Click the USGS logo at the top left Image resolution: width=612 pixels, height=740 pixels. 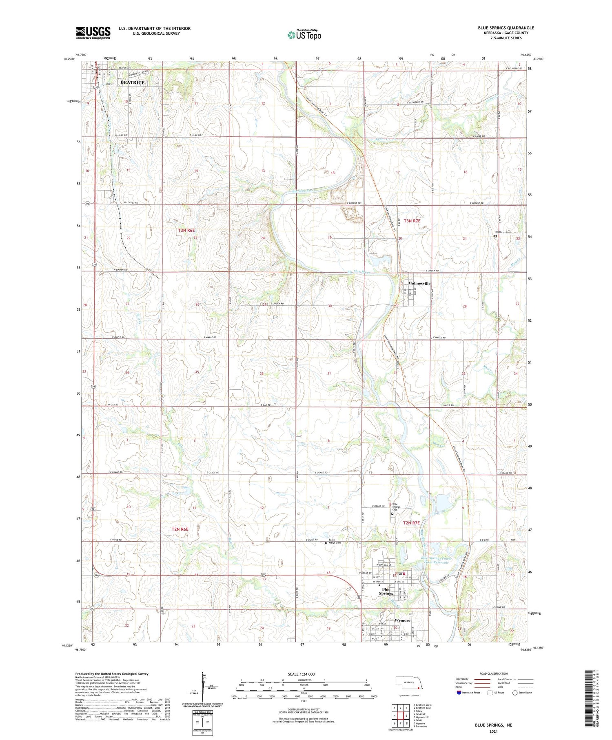[x=93, y=33]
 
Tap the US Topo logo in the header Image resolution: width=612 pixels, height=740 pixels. [x=304, y=35]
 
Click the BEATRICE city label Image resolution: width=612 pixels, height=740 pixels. [x=132, y=82]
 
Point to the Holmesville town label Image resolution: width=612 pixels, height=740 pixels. [x=419, y=283]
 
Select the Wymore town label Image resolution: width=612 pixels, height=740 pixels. [x=402, y=620]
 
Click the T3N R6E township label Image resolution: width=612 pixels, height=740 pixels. [x=187, y=231]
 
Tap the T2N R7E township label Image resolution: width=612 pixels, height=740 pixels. [x=411, y=523]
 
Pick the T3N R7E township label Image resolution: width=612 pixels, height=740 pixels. [x=412, y=221]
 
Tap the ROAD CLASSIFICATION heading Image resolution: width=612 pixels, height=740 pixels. [x=494, y=673]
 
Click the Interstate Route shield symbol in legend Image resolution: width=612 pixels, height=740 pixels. [x=459, y=692]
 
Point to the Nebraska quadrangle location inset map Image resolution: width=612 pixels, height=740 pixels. [x=410, y=684]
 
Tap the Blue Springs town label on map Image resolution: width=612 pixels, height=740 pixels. [x=386, y=591]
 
